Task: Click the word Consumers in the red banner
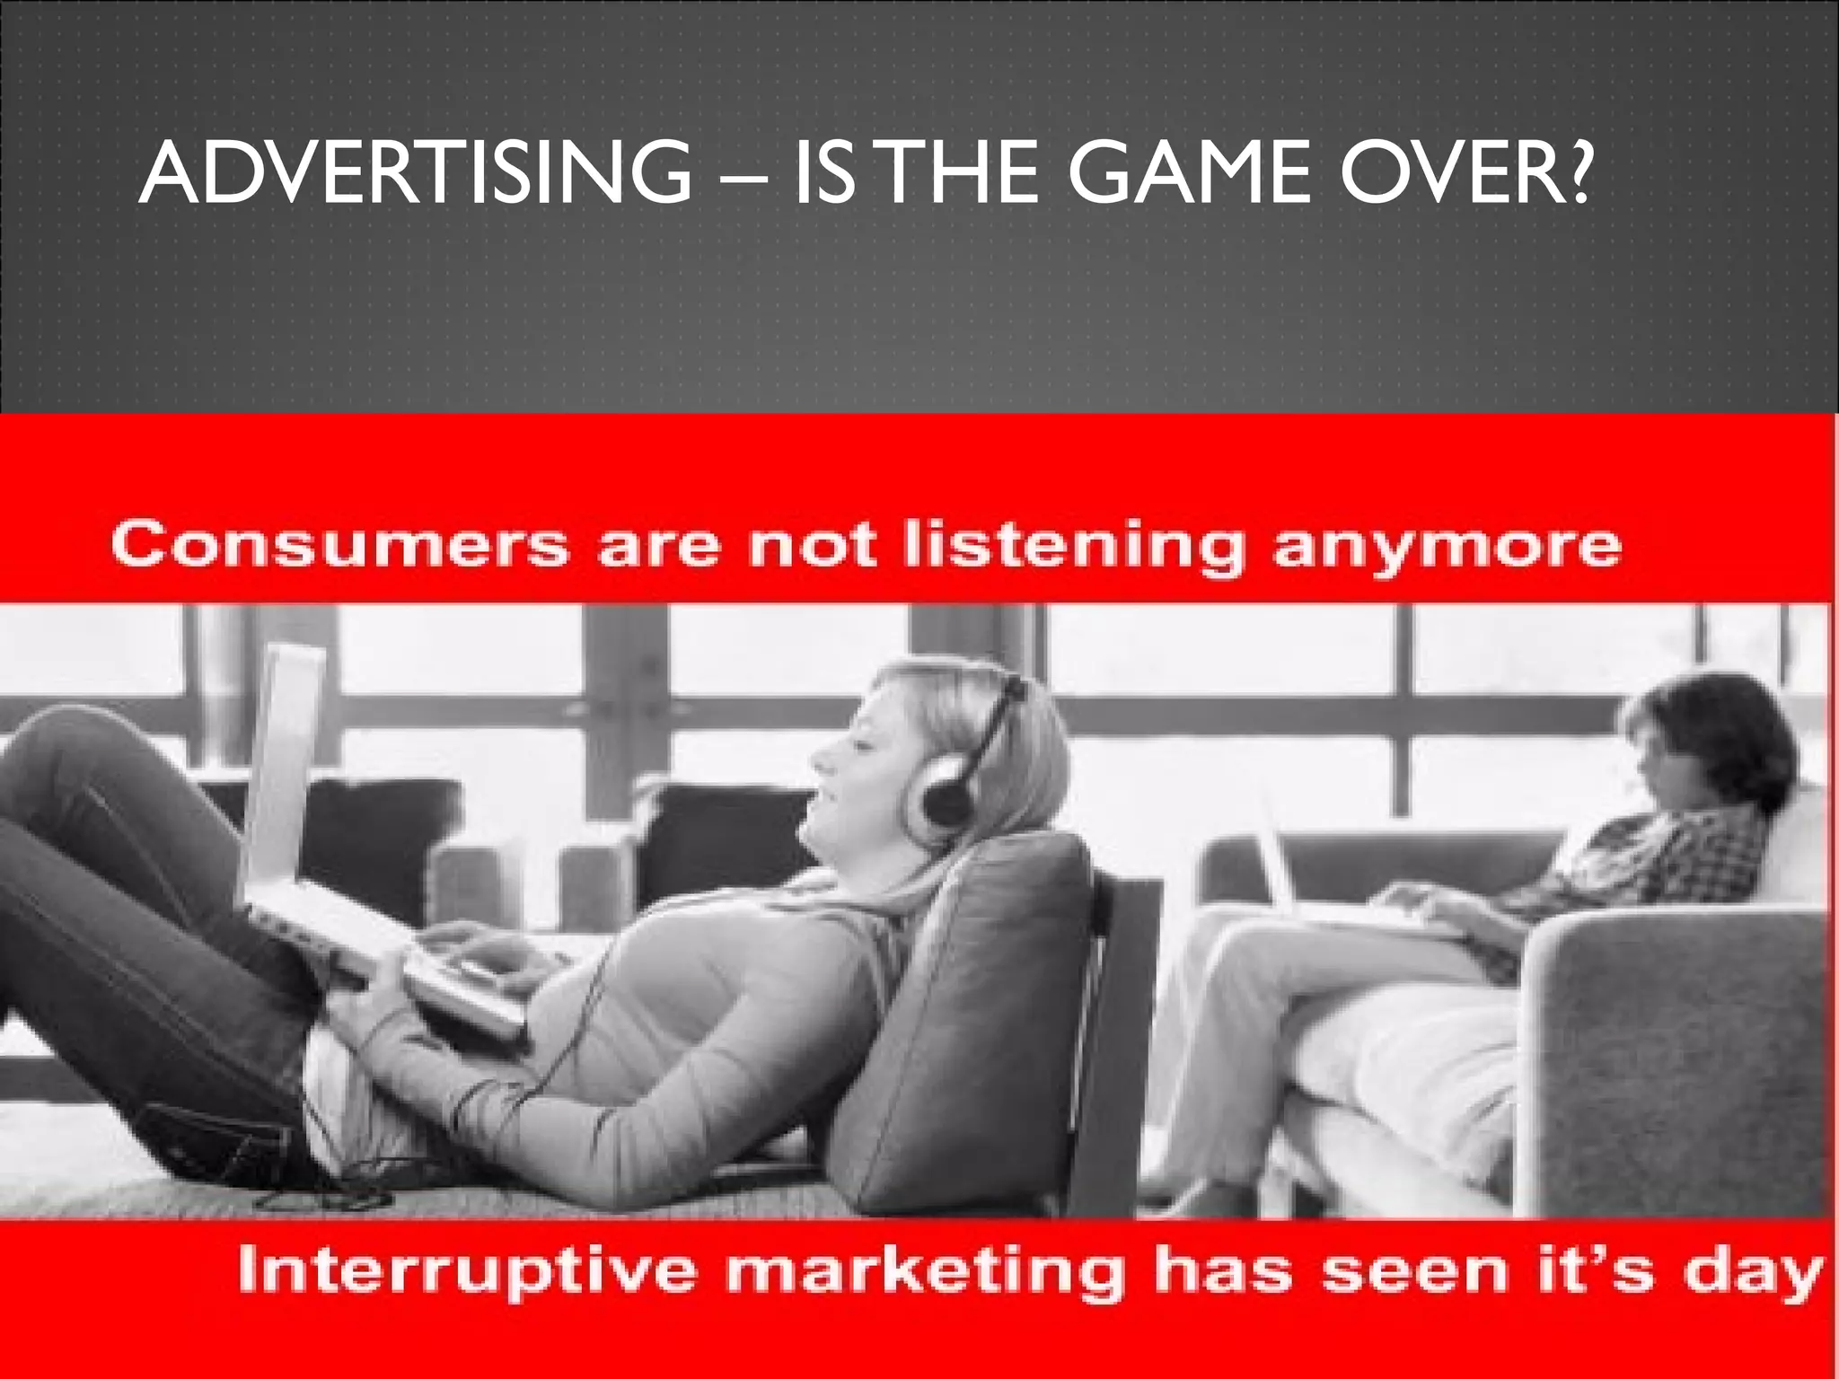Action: coord(340,545)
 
